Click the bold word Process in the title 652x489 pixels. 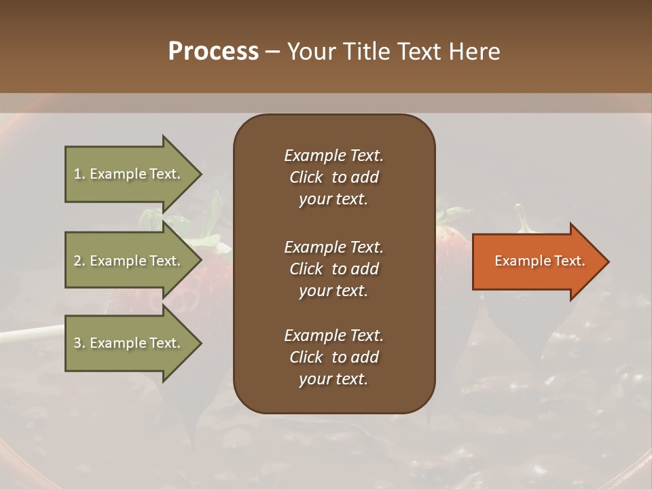click(213, 52)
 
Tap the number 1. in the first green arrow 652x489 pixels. click(79, 174)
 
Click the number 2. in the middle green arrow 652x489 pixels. click(79, 261)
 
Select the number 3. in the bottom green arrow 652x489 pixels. click(79, 343)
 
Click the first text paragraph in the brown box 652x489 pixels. click(333, 177)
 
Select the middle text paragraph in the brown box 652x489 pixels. click(333, 269)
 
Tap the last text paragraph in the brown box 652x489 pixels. click(333, 357)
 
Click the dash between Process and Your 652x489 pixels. click(272, 52)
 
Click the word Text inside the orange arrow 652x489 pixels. click(570, 261)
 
